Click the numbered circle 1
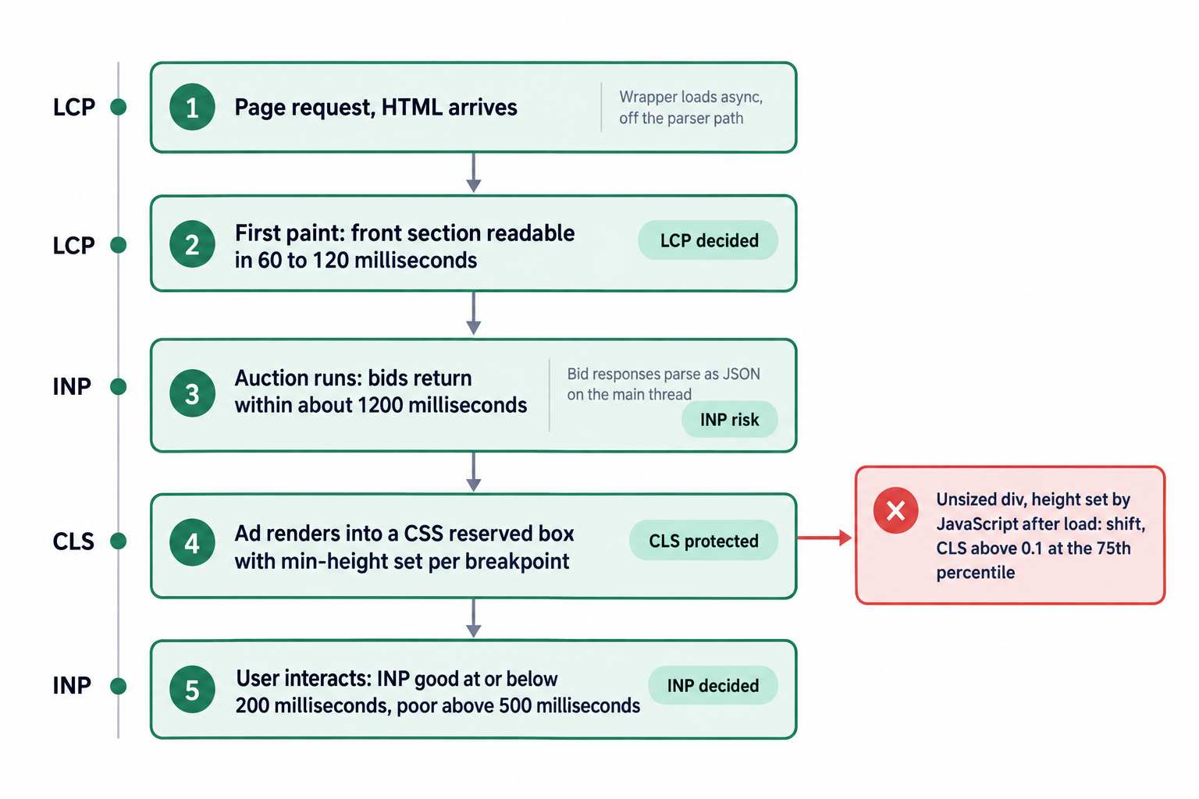(192, 107)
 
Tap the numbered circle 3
(192, 393)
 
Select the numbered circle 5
(192, 689)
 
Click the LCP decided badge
(708, 240)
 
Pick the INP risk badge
(730, 420)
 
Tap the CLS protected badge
(703, 541)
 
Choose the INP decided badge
(713, 686)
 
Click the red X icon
(895, 510)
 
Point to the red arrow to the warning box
(824, 538)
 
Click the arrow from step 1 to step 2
(473, 173)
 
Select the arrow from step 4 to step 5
(473, 618)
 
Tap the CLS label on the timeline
(73, 542)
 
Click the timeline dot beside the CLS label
(119, 541)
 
